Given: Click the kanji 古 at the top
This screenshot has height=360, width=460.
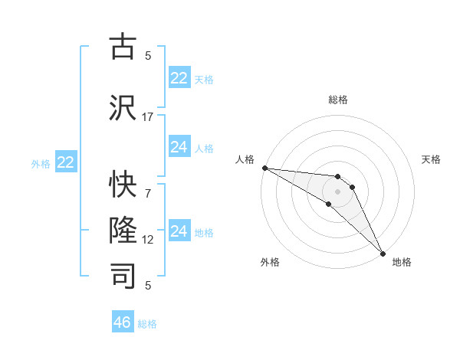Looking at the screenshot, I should (123, 47).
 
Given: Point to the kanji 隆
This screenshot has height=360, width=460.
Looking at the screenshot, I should (123, 231).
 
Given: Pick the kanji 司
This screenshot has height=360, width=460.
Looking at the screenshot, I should (123, 275).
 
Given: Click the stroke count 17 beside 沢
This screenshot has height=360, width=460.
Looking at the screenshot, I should (148, 116).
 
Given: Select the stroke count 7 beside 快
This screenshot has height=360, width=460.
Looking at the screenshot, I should (148, 194).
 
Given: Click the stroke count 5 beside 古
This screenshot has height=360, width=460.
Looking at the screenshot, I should (148, 55).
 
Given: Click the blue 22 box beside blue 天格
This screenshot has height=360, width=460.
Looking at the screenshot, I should (179, 78).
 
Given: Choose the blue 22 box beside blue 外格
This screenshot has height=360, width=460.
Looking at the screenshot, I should (66, 162).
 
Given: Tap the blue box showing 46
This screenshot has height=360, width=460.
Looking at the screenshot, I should (123, 322).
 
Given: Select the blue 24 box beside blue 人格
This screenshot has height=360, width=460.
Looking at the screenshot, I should (179, 147).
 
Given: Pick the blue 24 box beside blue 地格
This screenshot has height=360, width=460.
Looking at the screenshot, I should (179, 231).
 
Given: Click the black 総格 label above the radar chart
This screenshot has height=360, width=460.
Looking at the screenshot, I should (337, 100).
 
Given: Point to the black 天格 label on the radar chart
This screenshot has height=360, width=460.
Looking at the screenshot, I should (431, 159).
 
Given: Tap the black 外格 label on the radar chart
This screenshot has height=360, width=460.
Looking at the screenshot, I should (270, 262).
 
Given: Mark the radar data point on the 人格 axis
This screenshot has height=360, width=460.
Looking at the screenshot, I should (264, 168).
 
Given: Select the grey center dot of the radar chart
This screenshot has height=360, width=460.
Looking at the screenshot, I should (337, 191).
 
